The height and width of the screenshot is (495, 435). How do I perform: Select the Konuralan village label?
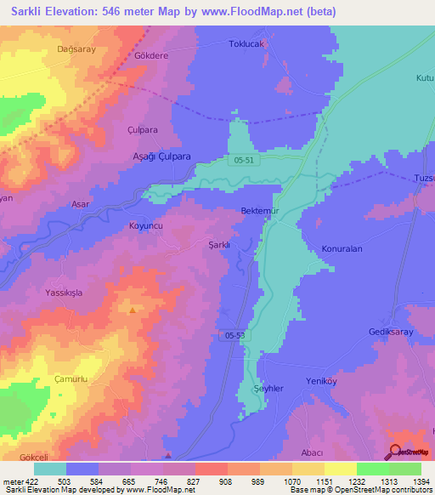(342, 250)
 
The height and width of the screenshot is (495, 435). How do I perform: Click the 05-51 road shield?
(245, 160)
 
